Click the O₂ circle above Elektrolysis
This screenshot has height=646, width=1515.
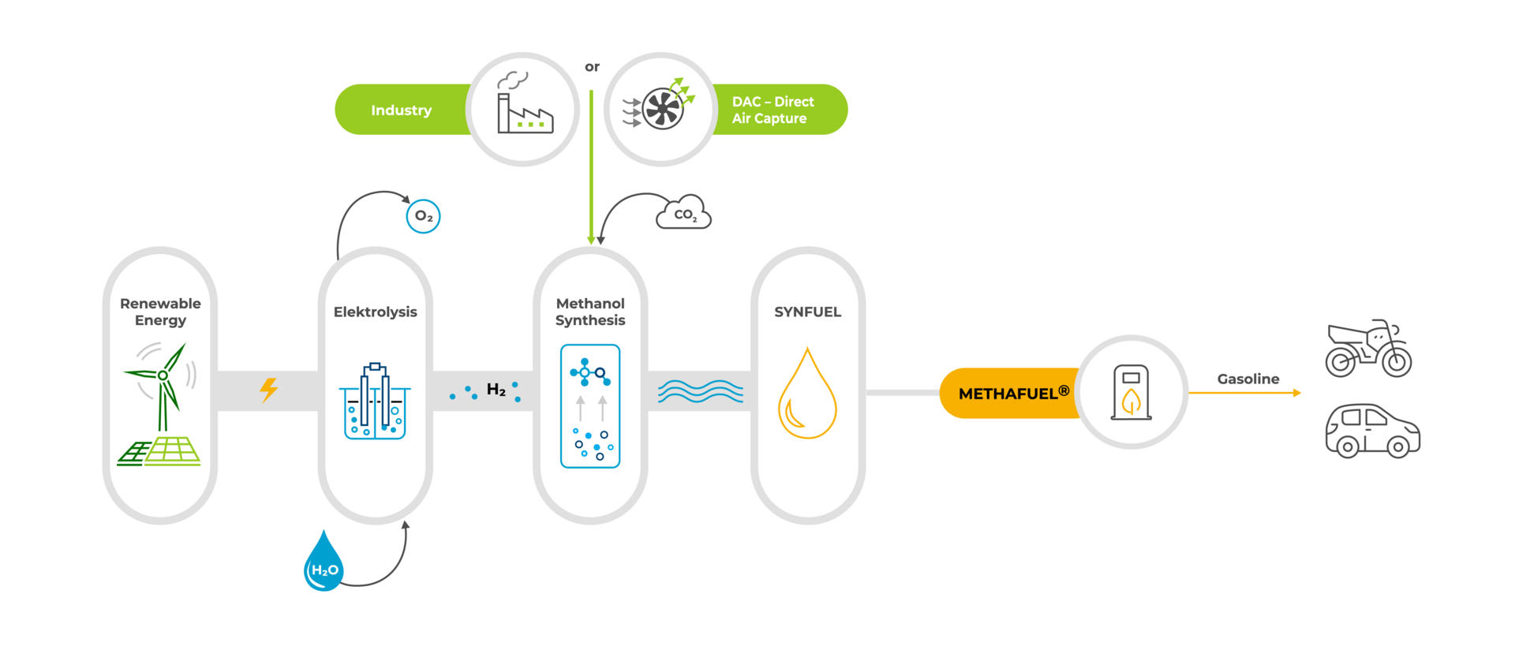click(x=423, y=216)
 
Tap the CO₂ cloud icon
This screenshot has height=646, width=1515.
click(x=684, y=213)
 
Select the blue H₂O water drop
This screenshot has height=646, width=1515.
click(x=324, y=563)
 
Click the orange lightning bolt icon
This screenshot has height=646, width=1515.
click(x=269, y=390)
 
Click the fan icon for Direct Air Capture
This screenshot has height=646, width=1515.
click(x=661, y=109)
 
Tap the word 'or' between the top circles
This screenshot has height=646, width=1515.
click(x=592, y=67)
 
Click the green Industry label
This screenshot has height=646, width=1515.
click(x=402, y=110)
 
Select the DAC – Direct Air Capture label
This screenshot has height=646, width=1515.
click(x=772, y=110)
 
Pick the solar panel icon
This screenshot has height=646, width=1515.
click(x=160, y=451)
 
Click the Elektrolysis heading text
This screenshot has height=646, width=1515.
click(x=375, y=312)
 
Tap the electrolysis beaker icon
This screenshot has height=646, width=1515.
click(x=375, y=402)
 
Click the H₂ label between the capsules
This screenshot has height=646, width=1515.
click(x=496, y=390)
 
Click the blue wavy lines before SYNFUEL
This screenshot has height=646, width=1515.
click(x=701, y=391)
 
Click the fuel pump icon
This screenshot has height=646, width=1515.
click(x=1131, y=392)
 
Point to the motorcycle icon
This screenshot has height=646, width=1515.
click(x=1367, y=349)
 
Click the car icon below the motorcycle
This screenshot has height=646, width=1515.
click(x=1372, y=431)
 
